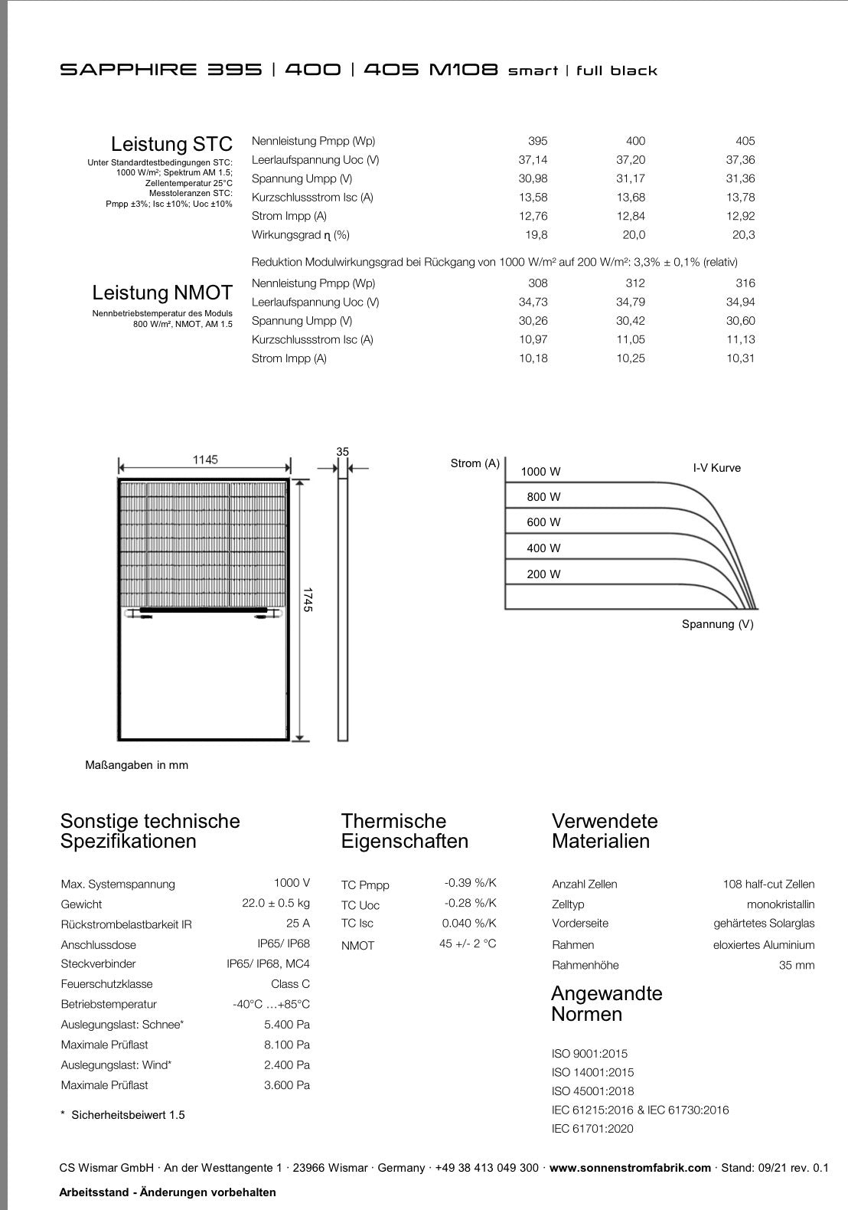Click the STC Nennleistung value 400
(x=634, y=141)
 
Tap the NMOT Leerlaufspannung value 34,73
(x=533, y=302)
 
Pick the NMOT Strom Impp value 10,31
(x=740, y=358)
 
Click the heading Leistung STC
(x=171, y=144)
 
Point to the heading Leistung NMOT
(x=162, y=293)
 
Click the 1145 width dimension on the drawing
(x=205, y=459)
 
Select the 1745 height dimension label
(x=308, y=599)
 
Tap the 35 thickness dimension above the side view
(x=342, y=452)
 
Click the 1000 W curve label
(x=540, y=472)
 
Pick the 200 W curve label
(x=543, y=574)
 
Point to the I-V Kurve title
(x=716, y=468)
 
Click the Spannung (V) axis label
(x=717, y=624)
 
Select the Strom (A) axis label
(x=475, y=463)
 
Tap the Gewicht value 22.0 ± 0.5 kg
(x=276, y=904)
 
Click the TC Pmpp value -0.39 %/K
(x=470, y=883)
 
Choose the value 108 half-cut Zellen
(x=768, y=884)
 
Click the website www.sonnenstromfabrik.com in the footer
(x=630, y=1168)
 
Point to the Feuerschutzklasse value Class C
(x=290, y=984)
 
